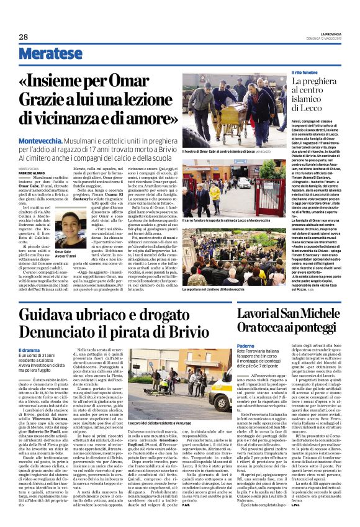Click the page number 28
pyautogui.click(x=23, y=37)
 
